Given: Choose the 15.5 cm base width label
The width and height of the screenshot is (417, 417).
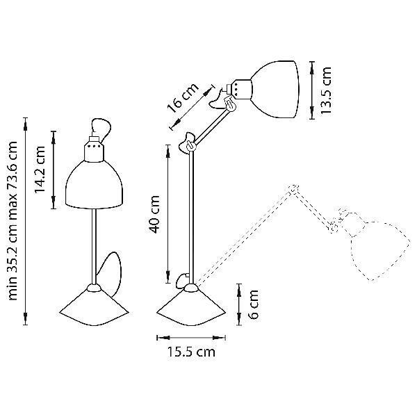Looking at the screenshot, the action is [191, 352].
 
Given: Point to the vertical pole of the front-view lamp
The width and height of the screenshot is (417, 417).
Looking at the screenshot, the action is [92, 243].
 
